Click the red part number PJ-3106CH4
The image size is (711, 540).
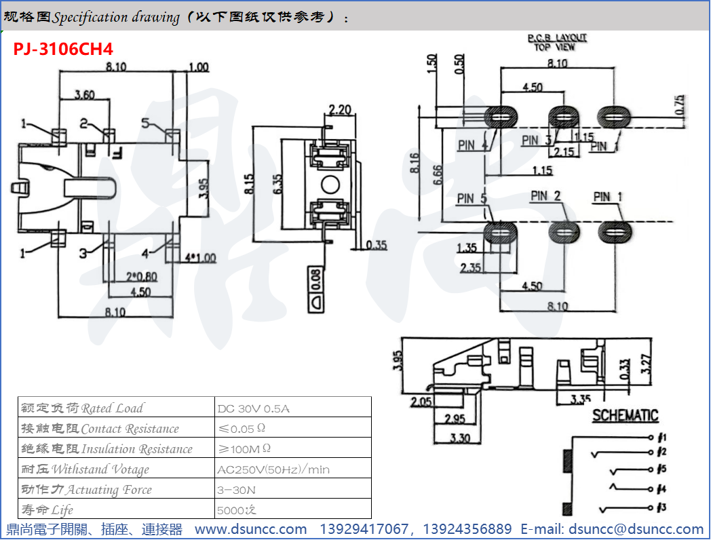[x=63, y=50]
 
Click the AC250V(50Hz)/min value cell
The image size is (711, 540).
[x=273, y=469]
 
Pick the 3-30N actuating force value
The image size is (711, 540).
[x=237, y=490]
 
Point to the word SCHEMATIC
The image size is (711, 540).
[x=625, y=416]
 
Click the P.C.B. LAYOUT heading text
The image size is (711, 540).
[x=557, y=38]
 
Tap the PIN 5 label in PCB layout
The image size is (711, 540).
[x=472, y=199]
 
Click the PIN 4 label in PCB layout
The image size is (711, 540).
[x=472, y=145]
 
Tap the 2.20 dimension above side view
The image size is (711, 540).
[x=339, y=110]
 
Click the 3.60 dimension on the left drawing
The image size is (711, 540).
[x=83, y=95]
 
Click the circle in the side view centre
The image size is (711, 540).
[x=330, y=184]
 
